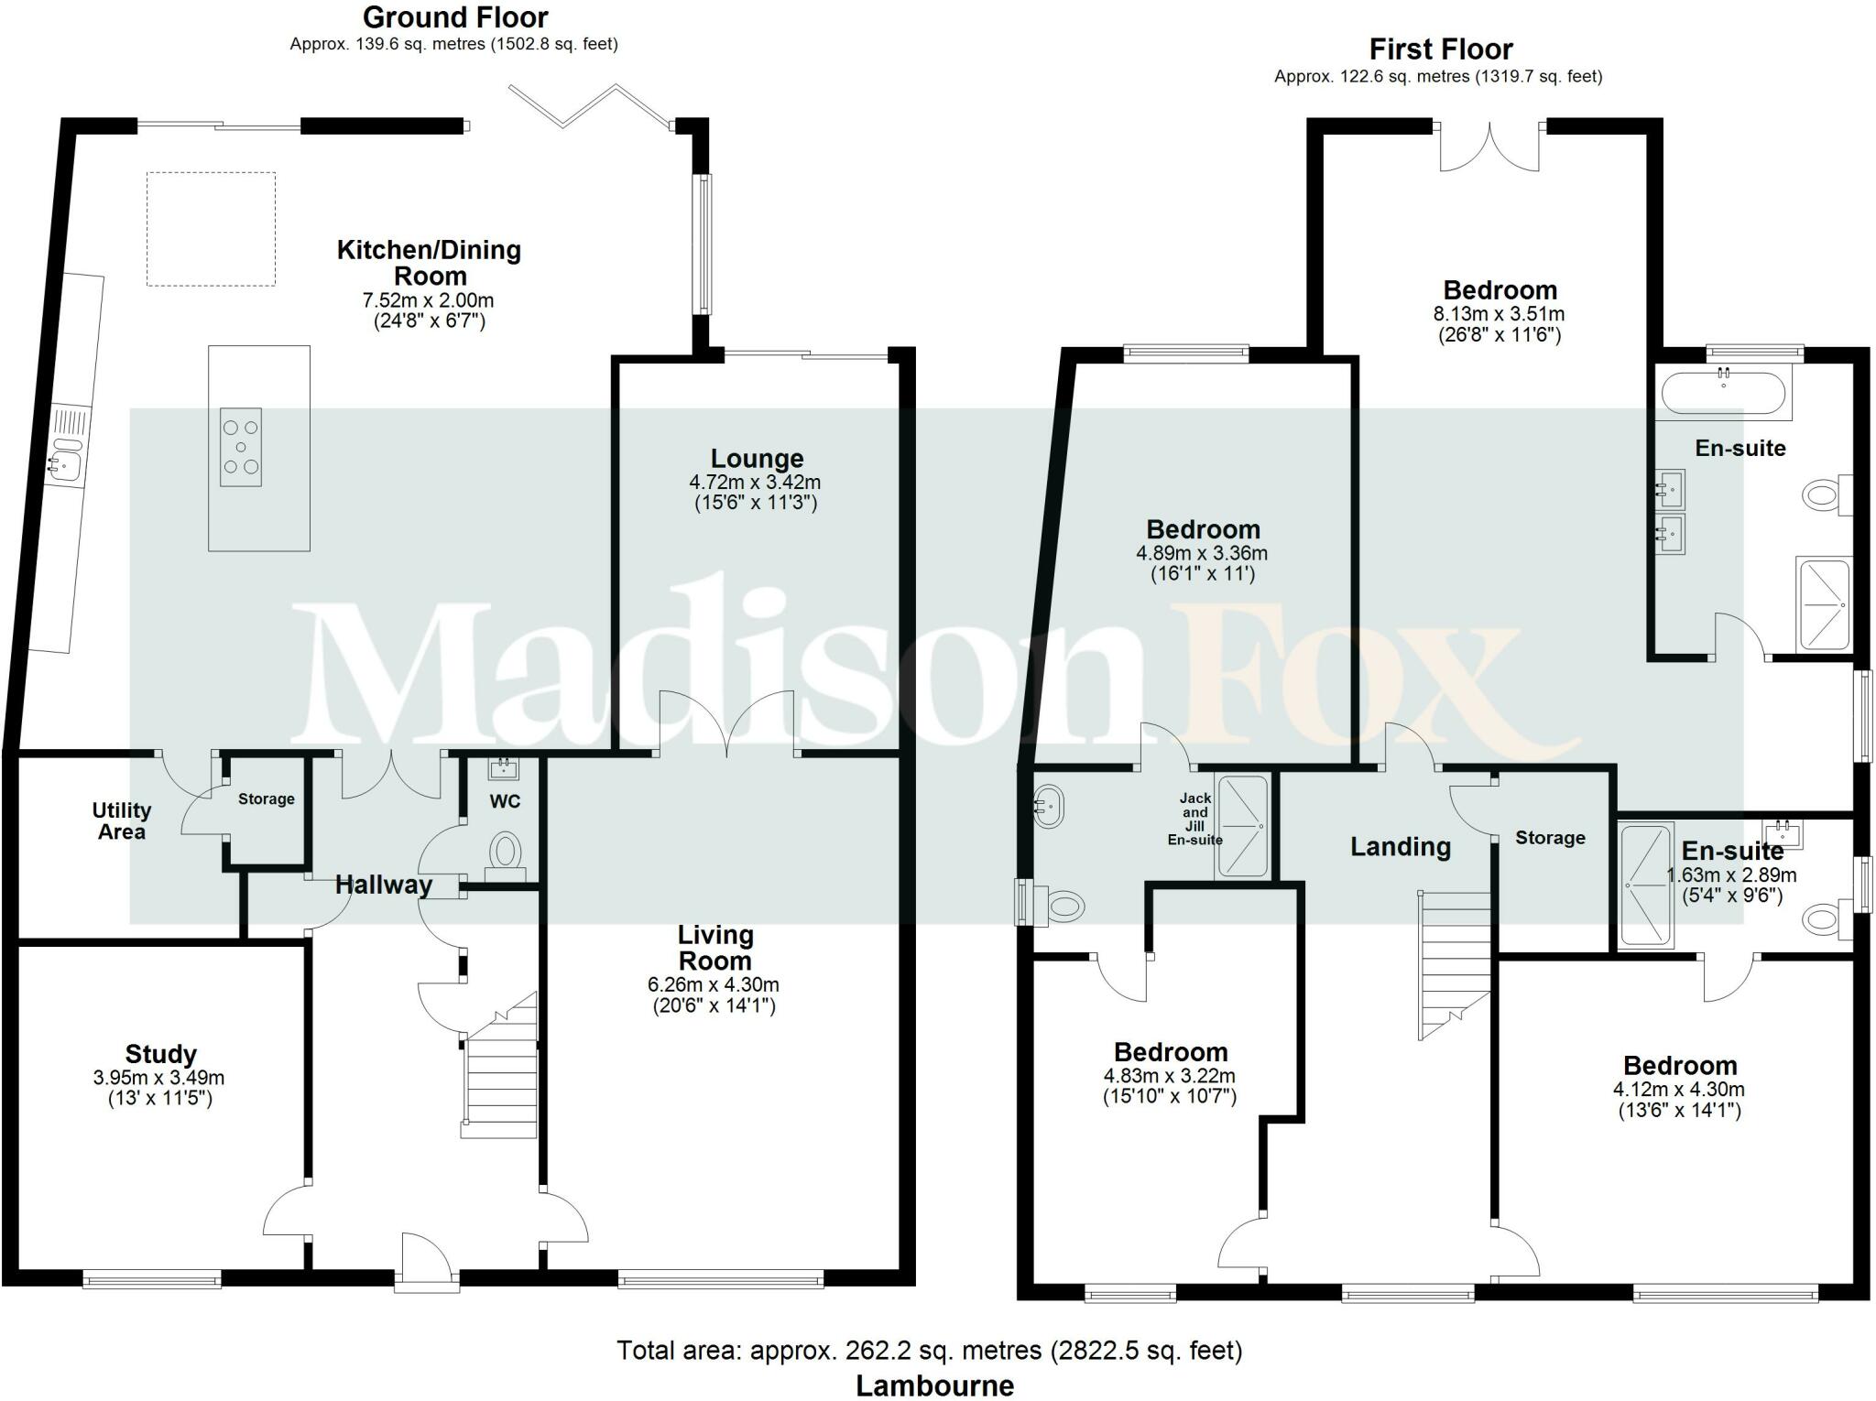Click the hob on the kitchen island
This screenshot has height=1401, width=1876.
click(241, 447)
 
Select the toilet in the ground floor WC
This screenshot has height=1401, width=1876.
click(504, 851)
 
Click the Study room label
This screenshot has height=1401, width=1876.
click(161, 1054)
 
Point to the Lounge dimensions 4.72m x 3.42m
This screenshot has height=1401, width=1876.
click(755, 482)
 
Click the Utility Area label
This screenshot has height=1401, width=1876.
click(121, 820)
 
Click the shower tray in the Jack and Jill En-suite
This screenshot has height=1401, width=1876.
click(1241, 827)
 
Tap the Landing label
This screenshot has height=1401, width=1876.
click(1400, 847)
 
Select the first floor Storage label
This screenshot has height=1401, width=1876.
click(1550, 838)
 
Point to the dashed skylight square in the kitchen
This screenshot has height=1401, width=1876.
click(211, 229)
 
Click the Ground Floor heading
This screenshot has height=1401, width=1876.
click(455, 17)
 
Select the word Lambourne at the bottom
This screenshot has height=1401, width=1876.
click(934, 1385)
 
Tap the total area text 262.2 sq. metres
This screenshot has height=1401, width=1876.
click(929, 1350)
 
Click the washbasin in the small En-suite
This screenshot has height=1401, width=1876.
click(1783, 834)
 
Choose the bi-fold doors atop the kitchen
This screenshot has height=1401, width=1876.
click(591, 106)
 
